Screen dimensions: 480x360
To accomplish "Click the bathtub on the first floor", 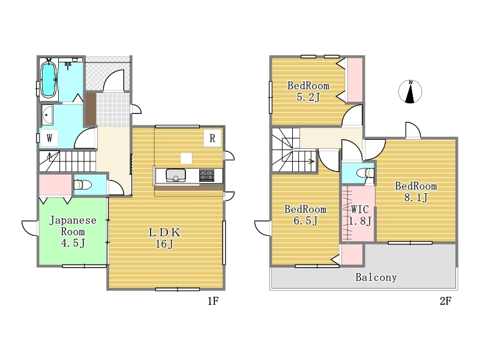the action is click(49, 80).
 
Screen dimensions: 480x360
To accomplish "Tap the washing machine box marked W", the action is click(49, 138).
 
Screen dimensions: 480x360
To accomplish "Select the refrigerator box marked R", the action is click(212, 138).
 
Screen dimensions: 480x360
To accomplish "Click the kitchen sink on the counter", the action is click(176, 176).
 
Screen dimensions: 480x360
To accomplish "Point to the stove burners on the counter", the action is click(206, 175).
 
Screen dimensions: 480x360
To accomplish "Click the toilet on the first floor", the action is click(83, 185).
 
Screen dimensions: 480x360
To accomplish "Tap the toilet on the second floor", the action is click(366, 173).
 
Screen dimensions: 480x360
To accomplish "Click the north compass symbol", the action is click(410, 92).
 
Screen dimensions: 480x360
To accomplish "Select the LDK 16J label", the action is click(164, 238).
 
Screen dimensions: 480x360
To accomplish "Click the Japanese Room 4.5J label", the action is click(73, 232).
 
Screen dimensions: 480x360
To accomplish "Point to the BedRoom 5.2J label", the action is click(308, 91).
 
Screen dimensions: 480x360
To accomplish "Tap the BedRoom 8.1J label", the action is click(416, 191).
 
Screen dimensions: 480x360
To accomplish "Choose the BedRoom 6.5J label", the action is click(305, 215).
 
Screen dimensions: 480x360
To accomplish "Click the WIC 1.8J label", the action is click(360, 215).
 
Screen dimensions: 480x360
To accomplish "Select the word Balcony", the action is click(376, 277).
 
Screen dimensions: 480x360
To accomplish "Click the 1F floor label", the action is click(213, 301).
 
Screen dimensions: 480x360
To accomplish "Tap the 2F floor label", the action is click(445, 301).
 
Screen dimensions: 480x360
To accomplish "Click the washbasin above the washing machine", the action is click(47, 115).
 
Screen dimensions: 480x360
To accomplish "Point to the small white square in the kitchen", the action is click(186, 158).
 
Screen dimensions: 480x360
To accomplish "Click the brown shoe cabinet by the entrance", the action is click(91, 109).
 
